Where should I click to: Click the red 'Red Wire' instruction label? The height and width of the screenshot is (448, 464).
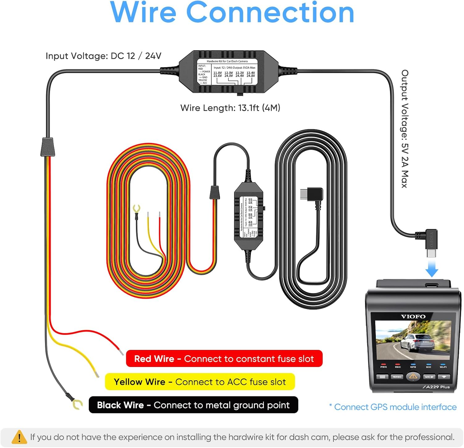pyautogui.click(x=224, y=359)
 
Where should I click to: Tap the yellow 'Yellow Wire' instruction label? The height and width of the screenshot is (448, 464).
pyautogui.click(x=200, y=382)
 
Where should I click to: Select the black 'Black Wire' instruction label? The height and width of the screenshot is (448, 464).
pyautogui.click(x=193, y=405)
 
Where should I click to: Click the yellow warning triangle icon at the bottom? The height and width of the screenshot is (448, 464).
pyautogui.click(x=19, y=437)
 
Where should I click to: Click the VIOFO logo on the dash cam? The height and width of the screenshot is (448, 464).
pyautogui.click(x=413, y=317)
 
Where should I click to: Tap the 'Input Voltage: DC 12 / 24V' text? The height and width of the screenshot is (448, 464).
pyautogui.click(x=103, y=56)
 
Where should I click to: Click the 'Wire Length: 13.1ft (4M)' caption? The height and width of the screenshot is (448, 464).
pyautogui.click(x=230, y=108)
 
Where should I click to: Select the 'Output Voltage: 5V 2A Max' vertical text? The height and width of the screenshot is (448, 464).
pyautogui.click(x=405, y=129)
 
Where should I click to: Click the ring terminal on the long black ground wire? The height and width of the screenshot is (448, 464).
pyautogui.click(x=77, y=404)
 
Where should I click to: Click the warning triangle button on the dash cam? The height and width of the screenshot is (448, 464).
pyautogui.click(x=413, y=377)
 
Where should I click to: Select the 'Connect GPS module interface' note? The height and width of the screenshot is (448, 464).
pyautogui.click(x=393, y=407)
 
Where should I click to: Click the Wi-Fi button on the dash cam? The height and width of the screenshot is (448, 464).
pyautogui.click(x=444, y=377)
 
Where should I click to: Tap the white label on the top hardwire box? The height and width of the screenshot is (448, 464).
pyautogui.click(x=227, y=72)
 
